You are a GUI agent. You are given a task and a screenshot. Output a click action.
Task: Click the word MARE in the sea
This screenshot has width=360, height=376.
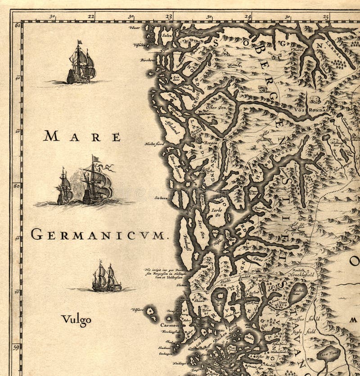[82, 136]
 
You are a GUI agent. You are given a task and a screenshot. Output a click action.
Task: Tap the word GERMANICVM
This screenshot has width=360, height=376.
[98, 234]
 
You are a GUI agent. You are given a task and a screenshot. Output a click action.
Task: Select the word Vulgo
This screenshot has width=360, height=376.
[76, 320]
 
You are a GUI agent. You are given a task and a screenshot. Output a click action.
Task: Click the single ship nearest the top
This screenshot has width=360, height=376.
[81, 63]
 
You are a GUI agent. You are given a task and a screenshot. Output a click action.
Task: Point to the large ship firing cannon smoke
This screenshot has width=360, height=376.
[96, 183]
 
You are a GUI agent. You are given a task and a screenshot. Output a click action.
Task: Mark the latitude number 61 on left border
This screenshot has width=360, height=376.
[17, 26]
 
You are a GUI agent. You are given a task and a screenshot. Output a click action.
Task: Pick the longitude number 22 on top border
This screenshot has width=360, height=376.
[91, 16]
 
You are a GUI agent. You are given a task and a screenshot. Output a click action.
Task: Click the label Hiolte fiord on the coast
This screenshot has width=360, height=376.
[154, 144]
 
